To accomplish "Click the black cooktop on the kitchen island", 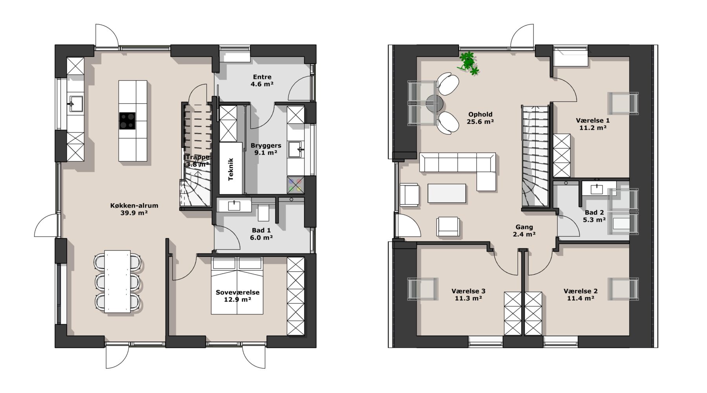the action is coord(127,121).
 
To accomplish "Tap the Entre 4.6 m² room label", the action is coord(262,80).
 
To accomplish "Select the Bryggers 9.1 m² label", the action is coord(266,149).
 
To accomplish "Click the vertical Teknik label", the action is coord(231,169).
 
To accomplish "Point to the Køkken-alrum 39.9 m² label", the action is coord(134,209).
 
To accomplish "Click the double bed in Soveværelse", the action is coord(237,286).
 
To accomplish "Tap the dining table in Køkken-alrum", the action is coord(117,281).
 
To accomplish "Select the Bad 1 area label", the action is coord(261,234).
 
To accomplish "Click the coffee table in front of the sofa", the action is coord(447,193).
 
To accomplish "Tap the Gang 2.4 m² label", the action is coord(524,230).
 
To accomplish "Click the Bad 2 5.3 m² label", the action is coord(594,216).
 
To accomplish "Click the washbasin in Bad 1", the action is coord(234,205).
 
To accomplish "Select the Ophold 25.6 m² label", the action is coord(480,118).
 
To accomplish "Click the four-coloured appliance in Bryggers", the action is coord(295,185).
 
